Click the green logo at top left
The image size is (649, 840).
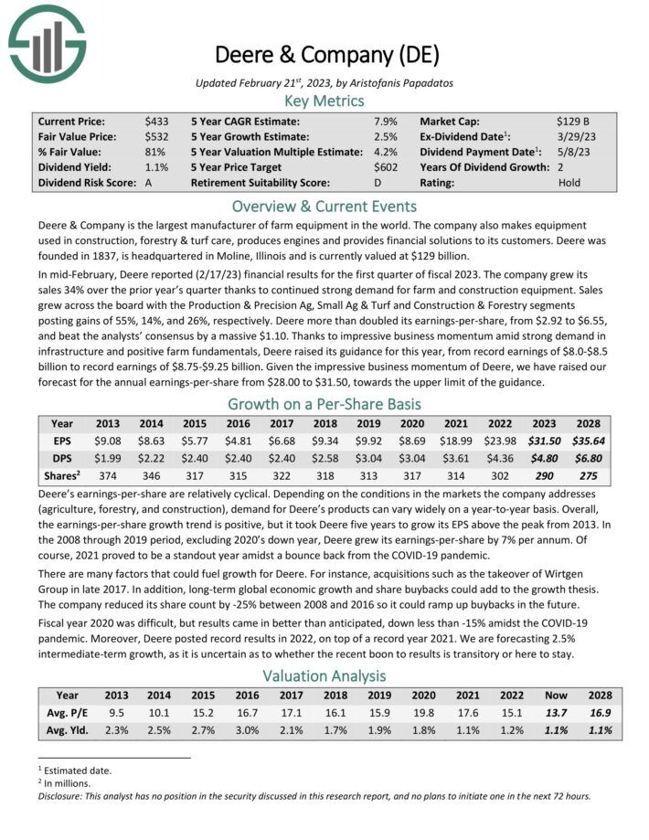47,42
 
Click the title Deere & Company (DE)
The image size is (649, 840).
324,54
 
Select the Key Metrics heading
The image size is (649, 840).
324,101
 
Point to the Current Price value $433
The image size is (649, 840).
156,121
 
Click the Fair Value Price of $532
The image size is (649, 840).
156,136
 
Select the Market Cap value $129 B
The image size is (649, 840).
572,121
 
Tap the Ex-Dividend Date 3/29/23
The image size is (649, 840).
574,136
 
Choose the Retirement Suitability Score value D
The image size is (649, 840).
378,183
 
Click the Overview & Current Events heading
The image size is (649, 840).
324,206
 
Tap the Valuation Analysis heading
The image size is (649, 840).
324,675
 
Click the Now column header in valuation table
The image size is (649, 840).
560,695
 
